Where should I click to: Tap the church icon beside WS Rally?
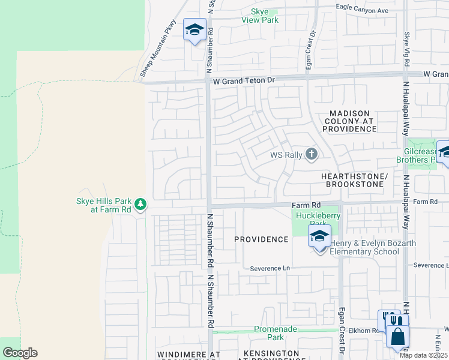311,155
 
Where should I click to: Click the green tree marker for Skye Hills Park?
140,205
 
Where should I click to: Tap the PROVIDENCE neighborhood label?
261,239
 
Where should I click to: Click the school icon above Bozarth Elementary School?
319,236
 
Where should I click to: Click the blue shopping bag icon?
397,336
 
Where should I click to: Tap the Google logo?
20,353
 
